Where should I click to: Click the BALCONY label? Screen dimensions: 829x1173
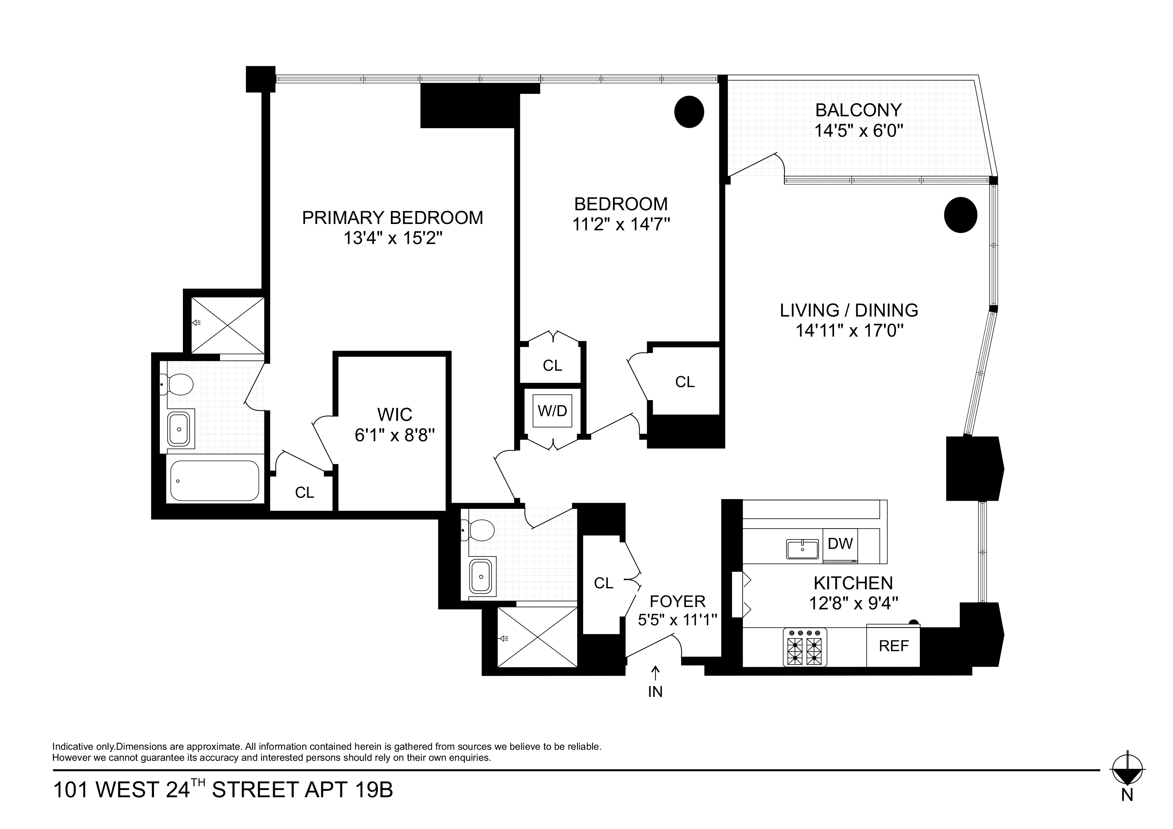pos(858,110)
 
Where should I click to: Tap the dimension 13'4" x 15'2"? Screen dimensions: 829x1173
pos(392,238)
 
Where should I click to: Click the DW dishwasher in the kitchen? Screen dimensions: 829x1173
pos(840,544)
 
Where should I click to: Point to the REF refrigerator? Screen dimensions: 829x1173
pos(893,646)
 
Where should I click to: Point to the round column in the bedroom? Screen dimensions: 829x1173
pos(689,112)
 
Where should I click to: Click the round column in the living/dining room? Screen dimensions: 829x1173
pos(960,215)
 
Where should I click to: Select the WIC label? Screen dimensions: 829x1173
pos(395,414)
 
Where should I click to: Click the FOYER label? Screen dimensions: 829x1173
pos(677,601)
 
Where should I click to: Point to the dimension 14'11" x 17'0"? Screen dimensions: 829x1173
pos(849,331)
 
